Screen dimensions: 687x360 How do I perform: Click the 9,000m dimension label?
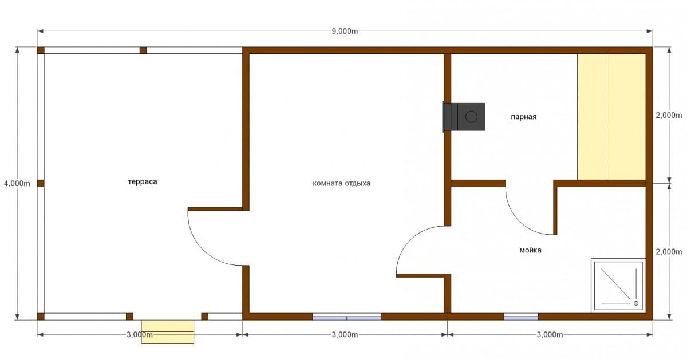tap(345, 31)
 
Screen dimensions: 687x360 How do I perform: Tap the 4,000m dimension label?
tap(17, 183)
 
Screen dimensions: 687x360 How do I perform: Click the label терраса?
tap(143, 182)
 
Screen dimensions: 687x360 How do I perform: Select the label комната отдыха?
tap(341, 183)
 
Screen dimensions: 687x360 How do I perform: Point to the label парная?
tap(523, 117)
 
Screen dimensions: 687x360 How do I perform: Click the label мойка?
tap(530, 250)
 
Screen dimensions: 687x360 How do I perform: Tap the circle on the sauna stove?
tap(471, 117)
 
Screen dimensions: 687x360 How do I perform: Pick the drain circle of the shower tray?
tap(636, 303)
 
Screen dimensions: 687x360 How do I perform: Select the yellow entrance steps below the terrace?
tap(167, 332)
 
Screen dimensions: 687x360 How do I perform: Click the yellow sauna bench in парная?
tap(611, 117)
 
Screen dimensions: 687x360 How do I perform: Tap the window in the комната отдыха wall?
tap(346, 317)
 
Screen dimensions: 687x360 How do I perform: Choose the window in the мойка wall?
tap(521, 317)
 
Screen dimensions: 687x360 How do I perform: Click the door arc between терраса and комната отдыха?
tap(203, 251)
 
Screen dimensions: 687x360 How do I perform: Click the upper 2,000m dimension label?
tap(669, 115)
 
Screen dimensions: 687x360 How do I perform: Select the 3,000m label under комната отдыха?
tap(345, 335)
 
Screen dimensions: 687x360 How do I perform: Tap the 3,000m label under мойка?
tap(550, 335)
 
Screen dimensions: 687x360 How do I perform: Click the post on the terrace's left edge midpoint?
tap(41, 183)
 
